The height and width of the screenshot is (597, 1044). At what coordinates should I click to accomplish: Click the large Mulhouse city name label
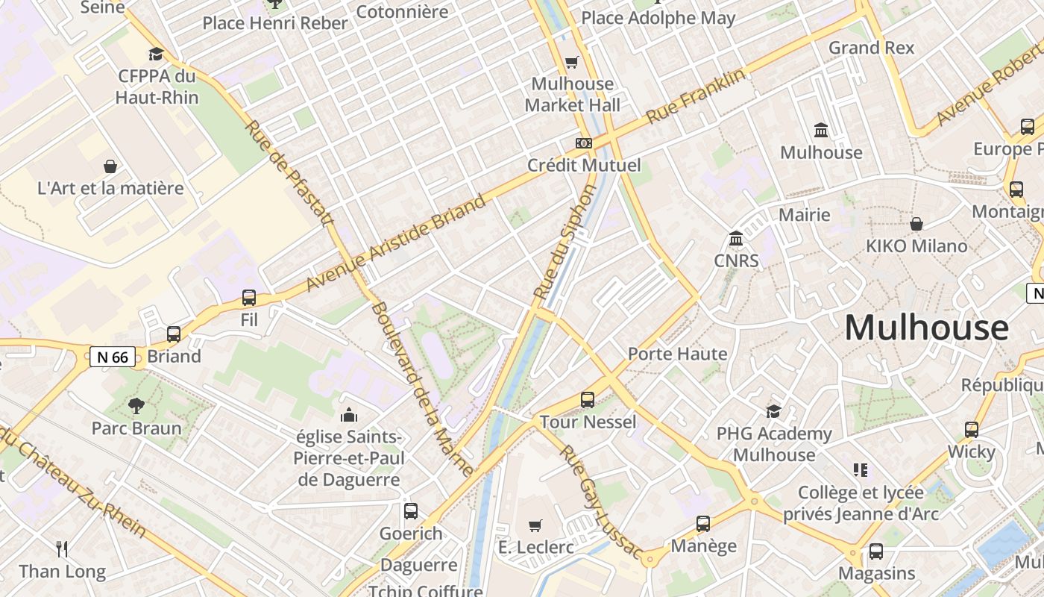click(x=926, y=328)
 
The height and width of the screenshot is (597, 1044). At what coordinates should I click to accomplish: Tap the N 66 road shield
click(x=113, y=357)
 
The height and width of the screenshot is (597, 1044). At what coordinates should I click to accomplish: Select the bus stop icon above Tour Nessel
click(x=588, y=400)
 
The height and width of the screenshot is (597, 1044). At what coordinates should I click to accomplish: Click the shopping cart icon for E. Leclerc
click(x=535, y=526)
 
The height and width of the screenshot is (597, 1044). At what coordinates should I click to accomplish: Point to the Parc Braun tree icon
click(x=136, y=406)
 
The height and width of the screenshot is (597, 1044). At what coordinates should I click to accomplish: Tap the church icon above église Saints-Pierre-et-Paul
click(x=348, y=415)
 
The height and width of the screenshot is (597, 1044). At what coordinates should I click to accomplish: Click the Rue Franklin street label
click(x=695, y=96)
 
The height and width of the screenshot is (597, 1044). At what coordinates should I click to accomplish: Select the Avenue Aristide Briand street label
click(x=396, y=243)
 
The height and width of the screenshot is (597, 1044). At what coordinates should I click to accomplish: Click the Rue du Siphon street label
click(x=566, y=243)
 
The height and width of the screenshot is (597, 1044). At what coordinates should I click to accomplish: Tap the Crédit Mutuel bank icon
click(x=584, y=143)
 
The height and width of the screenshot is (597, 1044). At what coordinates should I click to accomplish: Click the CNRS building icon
click(x=736, y=239)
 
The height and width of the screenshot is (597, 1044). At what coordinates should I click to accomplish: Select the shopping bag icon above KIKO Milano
click(x=916, y=224)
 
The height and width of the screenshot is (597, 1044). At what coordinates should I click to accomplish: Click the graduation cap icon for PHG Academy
click(x=774, y=411)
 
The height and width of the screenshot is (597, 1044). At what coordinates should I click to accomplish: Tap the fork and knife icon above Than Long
click(x=62, y=550)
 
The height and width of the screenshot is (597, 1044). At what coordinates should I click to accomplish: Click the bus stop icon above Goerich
click(x=411, y=511)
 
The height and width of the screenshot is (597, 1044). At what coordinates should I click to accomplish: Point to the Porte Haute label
click(x=677, y=354)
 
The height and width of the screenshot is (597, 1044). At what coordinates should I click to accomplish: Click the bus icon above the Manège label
click(x=703, y=524)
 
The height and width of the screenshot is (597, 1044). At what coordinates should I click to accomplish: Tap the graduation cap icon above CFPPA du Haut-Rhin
click(x=156, y=54)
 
